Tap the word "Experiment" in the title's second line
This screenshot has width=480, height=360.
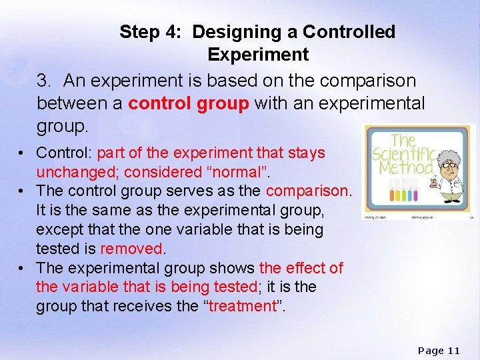[x=257, y=55]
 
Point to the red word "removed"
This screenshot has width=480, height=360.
[x=131, y=249]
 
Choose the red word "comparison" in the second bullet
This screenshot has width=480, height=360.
[x=307, y=191]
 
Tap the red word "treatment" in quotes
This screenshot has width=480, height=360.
[x=242, y=306]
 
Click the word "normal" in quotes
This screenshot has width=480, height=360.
[x=237, y=171]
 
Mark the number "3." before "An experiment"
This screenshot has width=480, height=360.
[x=45, y=81]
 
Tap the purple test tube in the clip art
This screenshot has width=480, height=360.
[x=415, y=195]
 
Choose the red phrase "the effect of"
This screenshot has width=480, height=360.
[x=301, y=268]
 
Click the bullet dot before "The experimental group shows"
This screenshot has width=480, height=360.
[x=23, y=268]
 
